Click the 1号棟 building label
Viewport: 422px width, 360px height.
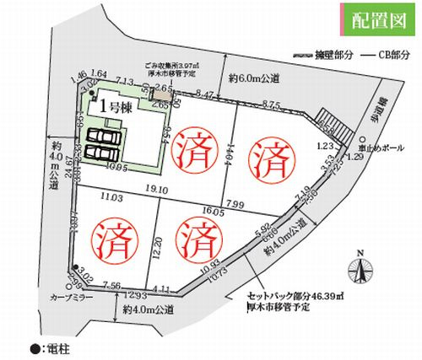pos(115,106)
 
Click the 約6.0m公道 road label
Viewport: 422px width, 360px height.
pos(254,78)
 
